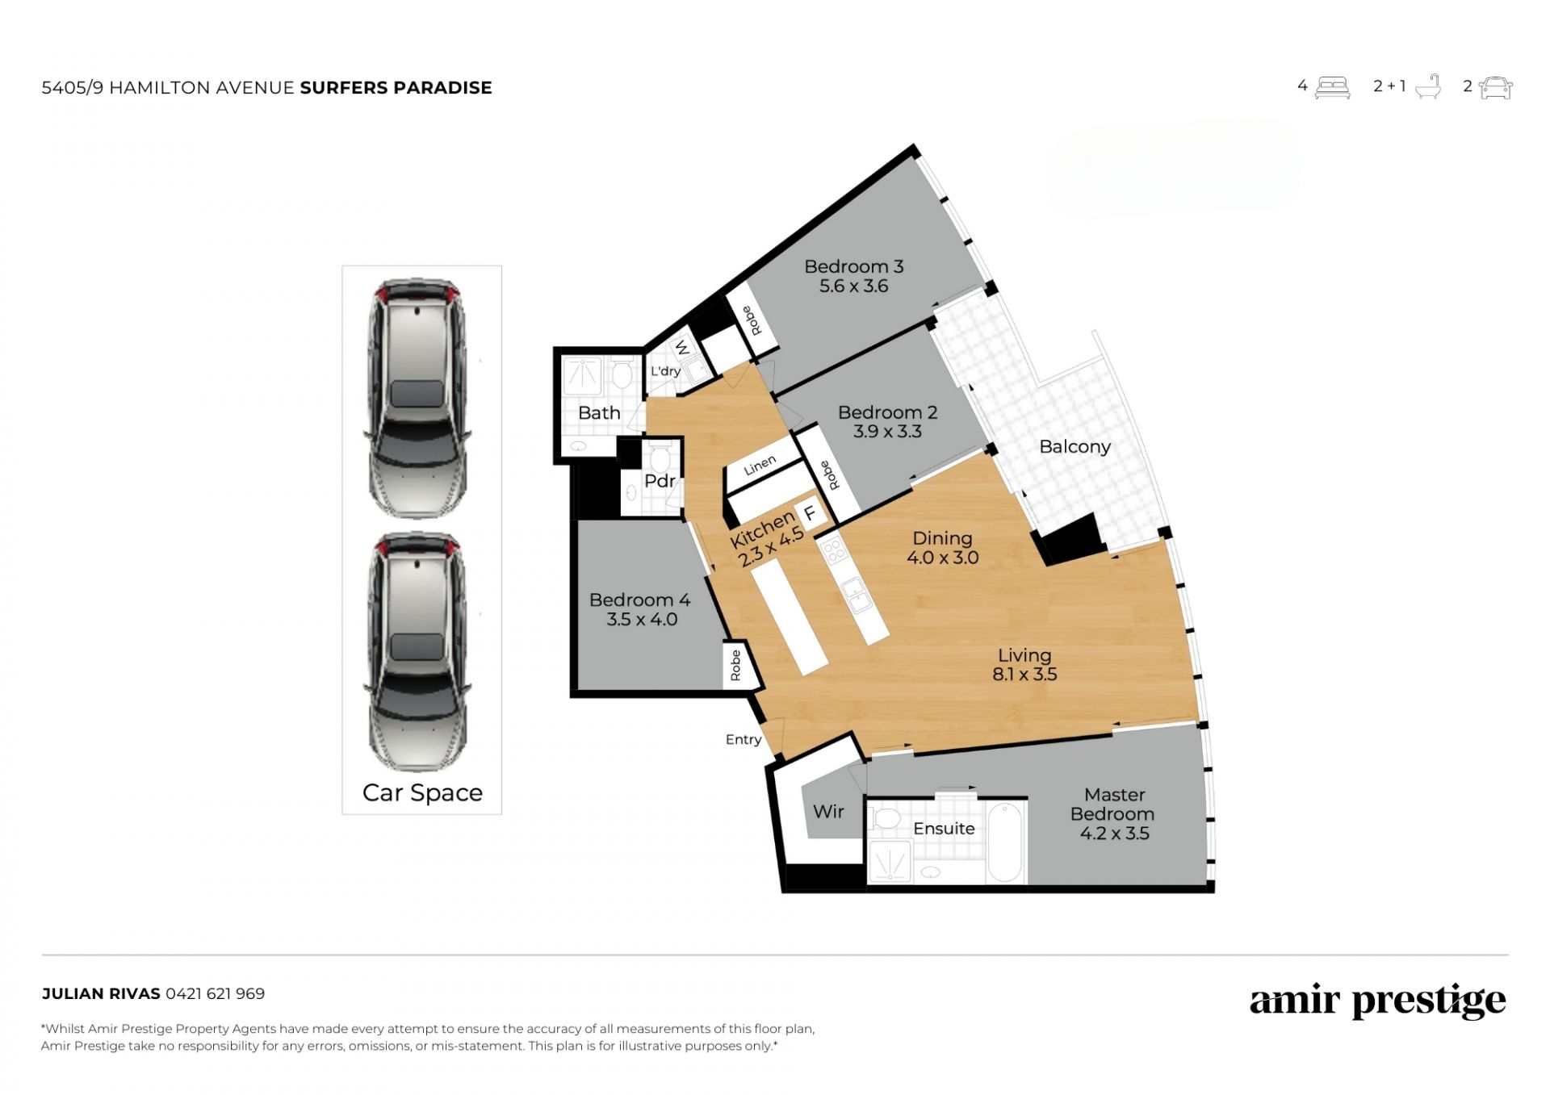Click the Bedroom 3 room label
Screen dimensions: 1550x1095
853,266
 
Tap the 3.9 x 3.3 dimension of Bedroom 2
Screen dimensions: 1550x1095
887,432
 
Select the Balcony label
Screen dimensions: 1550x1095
1075,447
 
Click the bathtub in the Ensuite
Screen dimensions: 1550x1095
1005,842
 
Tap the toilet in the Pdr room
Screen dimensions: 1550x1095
660,458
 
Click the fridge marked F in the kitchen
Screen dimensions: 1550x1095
810,514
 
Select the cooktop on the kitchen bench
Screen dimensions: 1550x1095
834,552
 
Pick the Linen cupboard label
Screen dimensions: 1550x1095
760,466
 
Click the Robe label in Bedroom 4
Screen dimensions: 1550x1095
735,666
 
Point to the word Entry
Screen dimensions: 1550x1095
744,740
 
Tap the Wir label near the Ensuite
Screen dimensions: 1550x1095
828,812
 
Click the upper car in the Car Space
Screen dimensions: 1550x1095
417,399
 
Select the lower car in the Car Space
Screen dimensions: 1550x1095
417,651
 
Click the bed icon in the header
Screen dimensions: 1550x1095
1332,87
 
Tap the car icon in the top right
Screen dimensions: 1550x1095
1496,87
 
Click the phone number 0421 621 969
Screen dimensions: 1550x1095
215,994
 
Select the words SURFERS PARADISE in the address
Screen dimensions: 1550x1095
396,88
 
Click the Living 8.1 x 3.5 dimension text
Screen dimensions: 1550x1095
1024,675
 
